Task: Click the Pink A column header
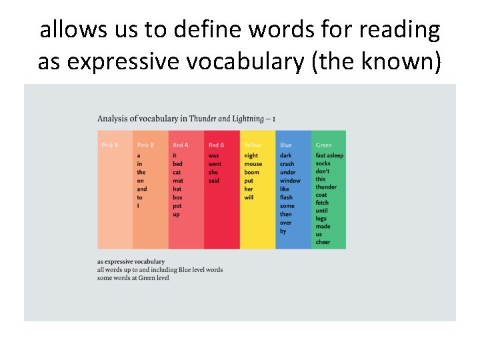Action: point(109,145)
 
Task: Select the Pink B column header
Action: point(145,145)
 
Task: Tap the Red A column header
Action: point(181,145)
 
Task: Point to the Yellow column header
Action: point(253,145)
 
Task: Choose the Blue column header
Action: point(286,145)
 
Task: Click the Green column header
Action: point(323,145)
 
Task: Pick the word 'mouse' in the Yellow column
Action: point(253,164)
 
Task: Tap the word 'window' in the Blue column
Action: point(290,181)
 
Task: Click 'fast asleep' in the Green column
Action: point(329,156)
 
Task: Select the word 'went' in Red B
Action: point(215,164)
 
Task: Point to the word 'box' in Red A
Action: point(177,197)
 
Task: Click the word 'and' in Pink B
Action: point(142,189)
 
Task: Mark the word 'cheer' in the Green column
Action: point(323,242)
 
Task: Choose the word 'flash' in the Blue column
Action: point(286,197)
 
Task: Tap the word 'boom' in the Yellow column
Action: point(252,172)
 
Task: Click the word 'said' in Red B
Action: point(214,181)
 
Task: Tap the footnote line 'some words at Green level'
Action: point(133,278)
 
